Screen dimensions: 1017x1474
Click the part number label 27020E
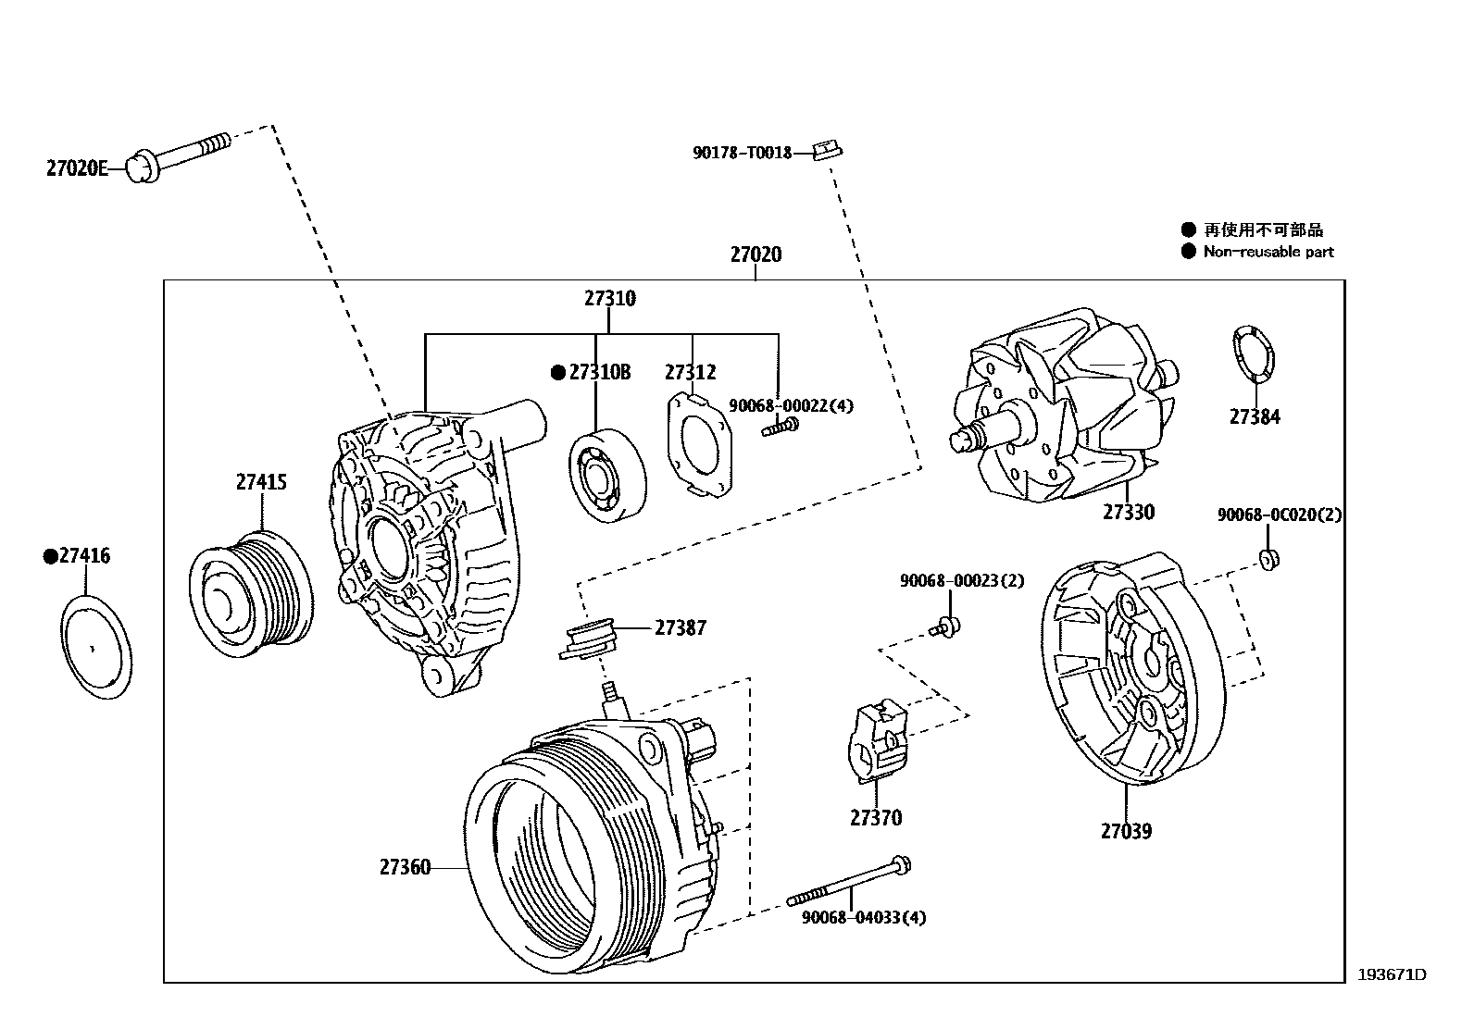[x=77, y=168]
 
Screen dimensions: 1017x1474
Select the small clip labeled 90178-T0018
[x=827, y=149]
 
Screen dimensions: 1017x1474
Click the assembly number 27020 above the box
[x=756, y=254]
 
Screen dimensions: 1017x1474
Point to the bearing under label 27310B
[x=606, y=475]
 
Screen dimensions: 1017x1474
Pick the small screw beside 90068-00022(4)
[x=781, y=427]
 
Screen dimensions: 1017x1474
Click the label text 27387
[x=681, y=628]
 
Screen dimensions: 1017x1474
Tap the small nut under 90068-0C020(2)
[x=1268, y=558]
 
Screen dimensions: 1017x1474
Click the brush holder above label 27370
[x=876, y=740]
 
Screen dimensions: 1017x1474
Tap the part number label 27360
[x=405, y=867]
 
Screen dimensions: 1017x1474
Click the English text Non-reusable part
[x=1268, y=252]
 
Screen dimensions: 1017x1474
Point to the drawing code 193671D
[x=1392, y=974]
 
